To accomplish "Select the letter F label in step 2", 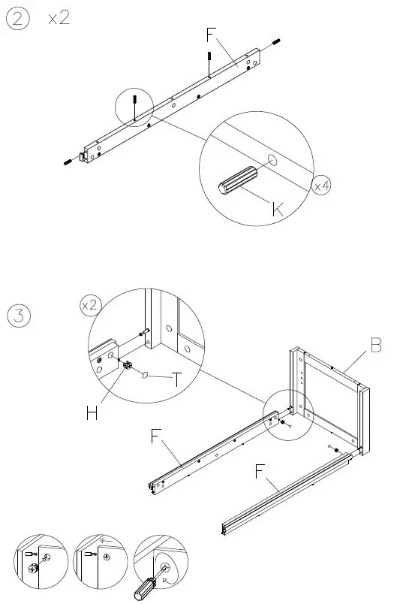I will click(212, 35).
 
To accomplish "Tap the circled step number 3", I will click(19, 316).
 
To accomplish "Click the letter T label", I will click(176, 380).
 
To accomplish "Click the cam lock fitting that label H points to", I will click(128, 367).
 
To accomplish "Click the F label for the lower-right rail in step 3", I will click(260, 472).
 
